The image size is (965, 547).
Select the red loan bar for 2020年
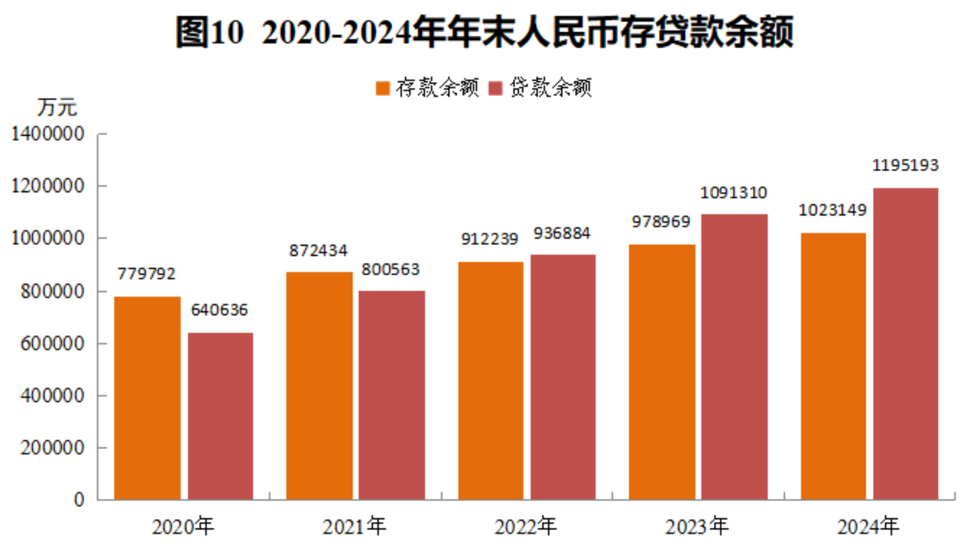tap(220, 416)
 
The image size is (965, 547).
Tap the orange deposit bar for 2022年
tap(491, 380)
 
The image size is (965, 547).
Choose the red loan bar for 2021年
tap(392, 395)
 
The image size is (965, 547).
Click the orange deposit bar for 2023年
tap(662, 371)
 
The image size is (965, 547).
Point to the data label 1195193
tap(905, 165)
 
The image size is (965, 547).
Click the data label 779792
tap(146, 273)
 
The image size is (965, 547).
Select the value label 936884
tap(562, 233)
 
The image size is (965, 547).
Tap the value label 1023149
tap(832, 210)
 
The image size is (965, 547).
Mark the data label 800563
tap(390, 269)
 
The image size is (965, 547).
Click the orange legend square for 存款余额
tap(383, 89)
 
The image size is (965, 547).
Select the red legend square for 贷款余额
tap(496, 89)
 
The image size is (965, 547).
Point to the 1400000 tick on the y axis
tap(48, 134)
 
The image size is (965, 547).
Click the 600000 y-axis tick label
tap(52, 343)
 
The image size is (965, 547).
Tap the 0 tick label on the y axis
tap(78, 499)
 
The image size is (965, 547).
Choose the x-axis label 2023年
tap(696, 526)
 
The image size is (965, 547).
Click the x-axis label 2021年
tap(354, 526)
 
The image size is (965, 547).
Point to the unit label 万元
tap(57, 107)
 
